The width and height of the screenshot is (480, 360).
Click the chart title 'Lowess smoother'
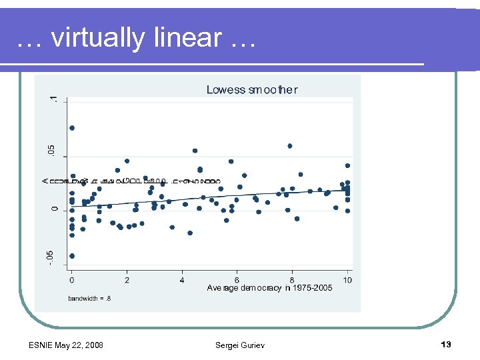click(252, 90)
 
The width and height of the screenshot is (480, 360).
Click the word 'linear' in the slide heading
click(187, 38)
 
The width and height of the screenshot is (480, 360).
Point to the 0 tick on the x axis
click(72, 279)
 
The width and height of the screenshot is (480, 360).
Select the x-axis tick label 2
click(127, 279)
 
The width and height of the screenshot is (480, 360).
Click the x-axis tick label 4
click(182, 279)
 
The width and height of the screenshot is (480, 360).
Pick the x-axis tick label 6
click(237, 279)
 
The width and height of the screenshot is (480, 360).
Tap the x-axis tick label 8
click(292, 279)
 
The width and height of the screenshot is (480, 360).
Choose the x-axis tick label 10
click(347, 279)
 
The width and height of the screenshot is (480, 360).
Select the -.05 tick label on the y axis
click(53, 257)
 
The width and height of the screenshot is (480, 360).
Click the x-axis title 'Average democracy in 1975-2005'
click(269, 288)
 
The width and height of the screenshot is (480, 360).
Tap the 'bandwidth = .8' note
click(89, 299)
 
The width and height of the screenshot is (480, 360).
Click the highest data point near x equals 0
click(72, 128)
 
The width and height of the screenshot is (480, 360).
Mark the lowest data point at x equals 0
click(72, 256)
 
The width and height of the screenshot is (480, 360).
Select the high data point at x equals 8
click(290, 146)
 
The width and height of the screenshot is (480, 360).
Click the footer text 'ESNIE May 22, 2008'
click(66, 345)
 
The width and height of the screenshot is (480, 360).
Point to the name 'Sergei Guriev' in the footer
click(240, 345)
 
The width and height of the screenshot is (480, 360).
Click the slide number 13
click(446, 344)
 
